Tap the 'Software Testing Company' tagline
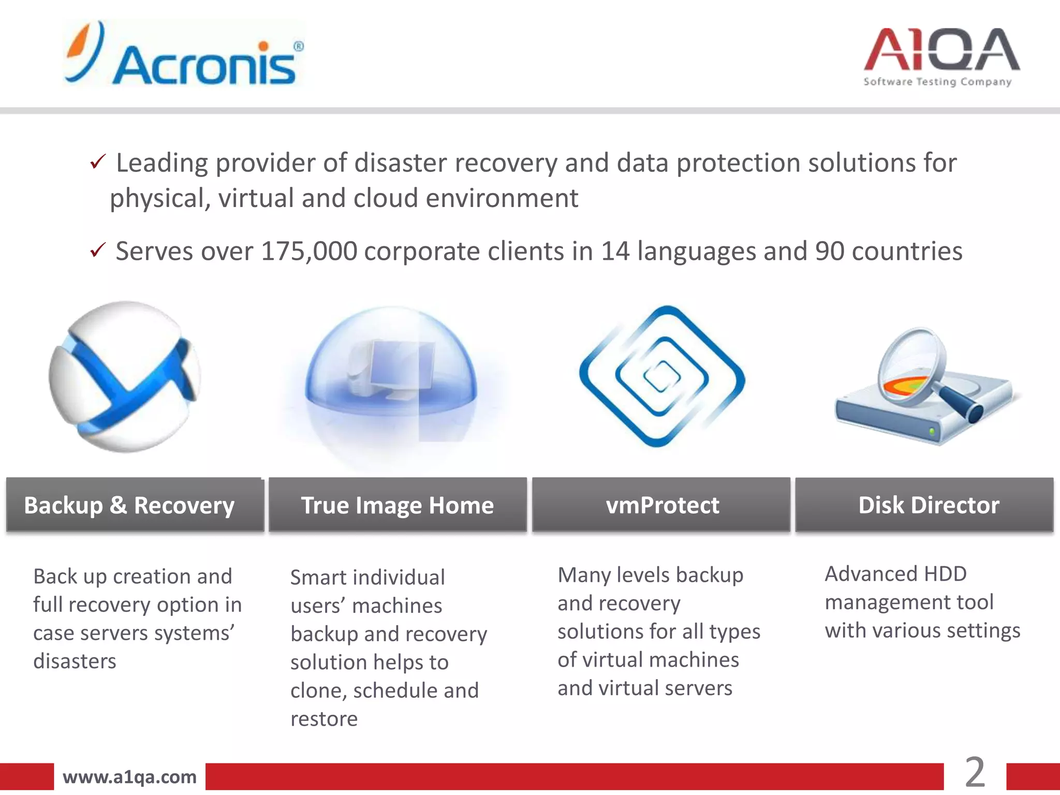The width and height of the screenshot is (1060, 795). pyautogui.click(x=937, y=82)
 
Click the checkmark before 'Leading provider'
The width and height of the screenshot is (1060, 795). pyautogui.click(x=97, y=162)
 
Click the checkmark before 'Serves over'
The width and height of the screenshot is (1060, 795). pyautogui.click(x=97, y=251)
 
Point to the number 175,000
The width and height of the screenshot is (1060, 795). pyautogui.click(x=309, y=252)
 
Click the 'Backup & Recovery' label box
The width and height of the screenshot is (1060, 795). pyautogui.click(x=135, y=505)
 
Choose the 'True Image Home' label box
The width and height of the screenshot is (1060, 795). pyautogui.click(x=397, y=505)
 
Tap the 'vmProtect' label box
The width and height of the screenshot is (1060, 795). pyautogui.click(x=661, y=505)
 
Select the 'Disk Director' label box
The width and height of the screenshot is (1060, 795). pyautogui.click(x=924, y=505)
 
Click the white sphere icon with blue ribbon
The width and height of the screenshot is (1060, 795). pyautogui.click(x=125, y=377)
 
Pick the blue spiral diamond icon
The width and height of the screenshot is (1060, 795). pyautogui.click(x=662, y=376)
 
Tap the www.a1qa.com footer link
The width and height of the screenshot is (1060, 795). pyautogui.click(x=129, y=777)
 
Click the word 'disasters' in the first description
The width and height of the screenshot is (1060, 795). pyautogui.click(x=75, y=661)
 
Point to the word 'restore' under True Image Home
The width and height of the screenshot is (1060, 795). pyautogui.click(x=324, y=719)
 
